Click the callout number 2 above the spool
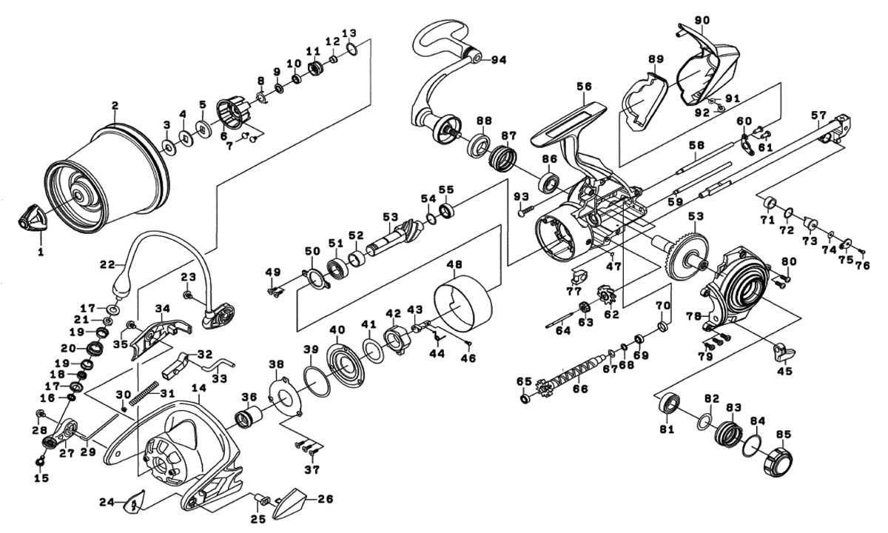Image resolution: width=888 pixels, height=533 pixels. click(x=115, y=105)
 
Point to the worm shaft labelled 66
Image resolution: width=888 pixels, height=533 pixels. click(x=573, y=375)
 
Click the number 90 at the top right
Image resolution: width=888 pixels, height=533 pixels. click(x=702, y=19)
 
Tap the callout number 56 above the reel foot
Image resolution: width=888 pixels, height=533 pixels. click(x=585, y=86)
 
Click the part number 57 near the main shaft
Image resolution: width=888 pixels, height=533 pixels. click(x=818, y=115)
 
